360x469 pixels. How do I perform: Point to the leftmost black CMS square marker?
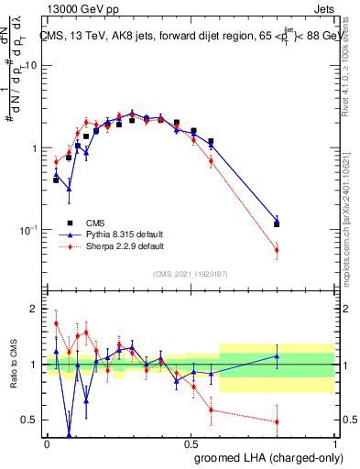tap(56, 180)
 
